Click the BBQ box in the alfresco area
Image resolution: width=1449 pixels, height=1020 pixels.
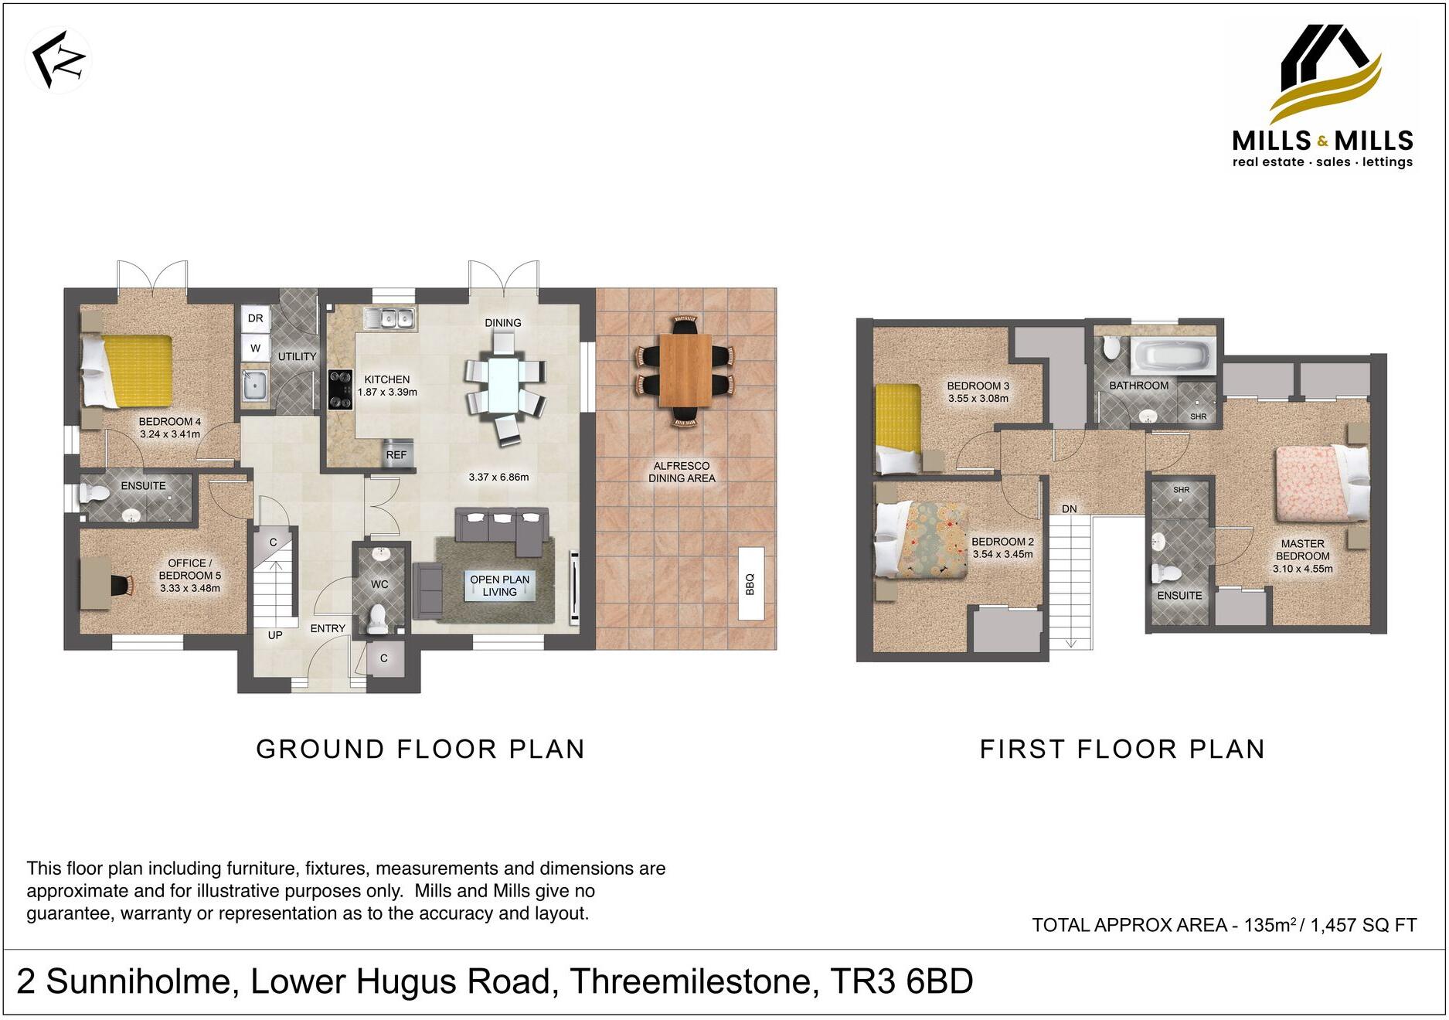(x=750, y=583)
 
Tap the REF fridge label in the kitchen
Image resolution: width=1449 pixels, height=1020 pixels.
(x=396, y=455)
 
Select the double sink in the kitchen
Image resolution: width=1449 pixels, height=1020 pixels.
(x=392, y=318)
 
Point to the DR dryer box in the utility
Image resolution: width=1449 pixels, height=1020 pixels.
(x=256, y=318)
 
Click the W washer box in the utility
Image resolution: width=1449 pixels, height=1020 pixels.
(x=256, y=348)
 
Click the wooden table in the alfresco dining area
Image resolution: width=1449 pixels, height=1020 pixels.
(x=685, y=369)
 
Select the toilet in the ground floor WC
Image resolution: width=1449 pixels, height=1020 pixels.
(x=378, y=618)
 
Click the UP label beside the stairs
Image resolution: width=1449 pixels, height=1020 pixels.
(x=275, y=635)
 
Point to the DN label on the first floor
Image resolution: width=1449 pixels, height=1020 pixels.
(x=1069, y=508)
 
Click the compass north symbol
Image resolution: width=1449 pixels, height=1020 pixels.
(x=59, y=59)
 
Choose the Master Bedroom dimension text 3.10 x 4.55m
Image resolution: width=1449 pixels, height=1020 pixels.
(x=1302, y=569)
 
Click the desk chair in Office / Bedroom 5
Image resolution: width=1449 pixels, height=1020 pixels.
(x=121, y=584)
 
